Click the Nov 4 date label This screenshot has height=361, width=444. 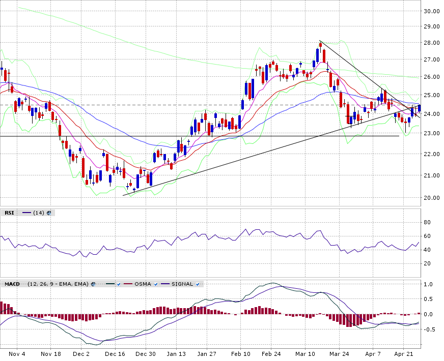(17, 354)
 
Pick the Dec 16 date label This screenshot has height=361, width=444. (115, 354)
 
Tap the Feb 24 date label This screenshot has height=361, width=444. (271, 354)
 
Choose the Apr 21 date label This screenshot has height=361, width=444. (403, 354)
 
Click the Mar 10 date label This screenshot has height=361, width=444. (305, 354)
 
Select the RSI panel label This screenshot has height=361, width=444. (9, 213)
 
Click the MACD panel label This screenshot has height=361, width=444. (12, 284)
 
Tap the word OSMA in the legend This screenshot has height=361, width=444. (143, 284)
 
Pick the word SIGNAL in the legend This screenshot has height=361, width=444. (182, 284)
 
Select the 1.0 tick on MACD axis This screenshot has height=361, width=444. (428, 284)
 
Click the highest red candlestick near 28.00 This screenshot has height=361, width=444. (321, 45)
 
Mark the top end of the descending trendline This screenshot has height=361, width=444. (319, 41)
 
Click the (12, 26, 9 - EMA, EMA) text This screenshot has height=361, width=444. (58, 284)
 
